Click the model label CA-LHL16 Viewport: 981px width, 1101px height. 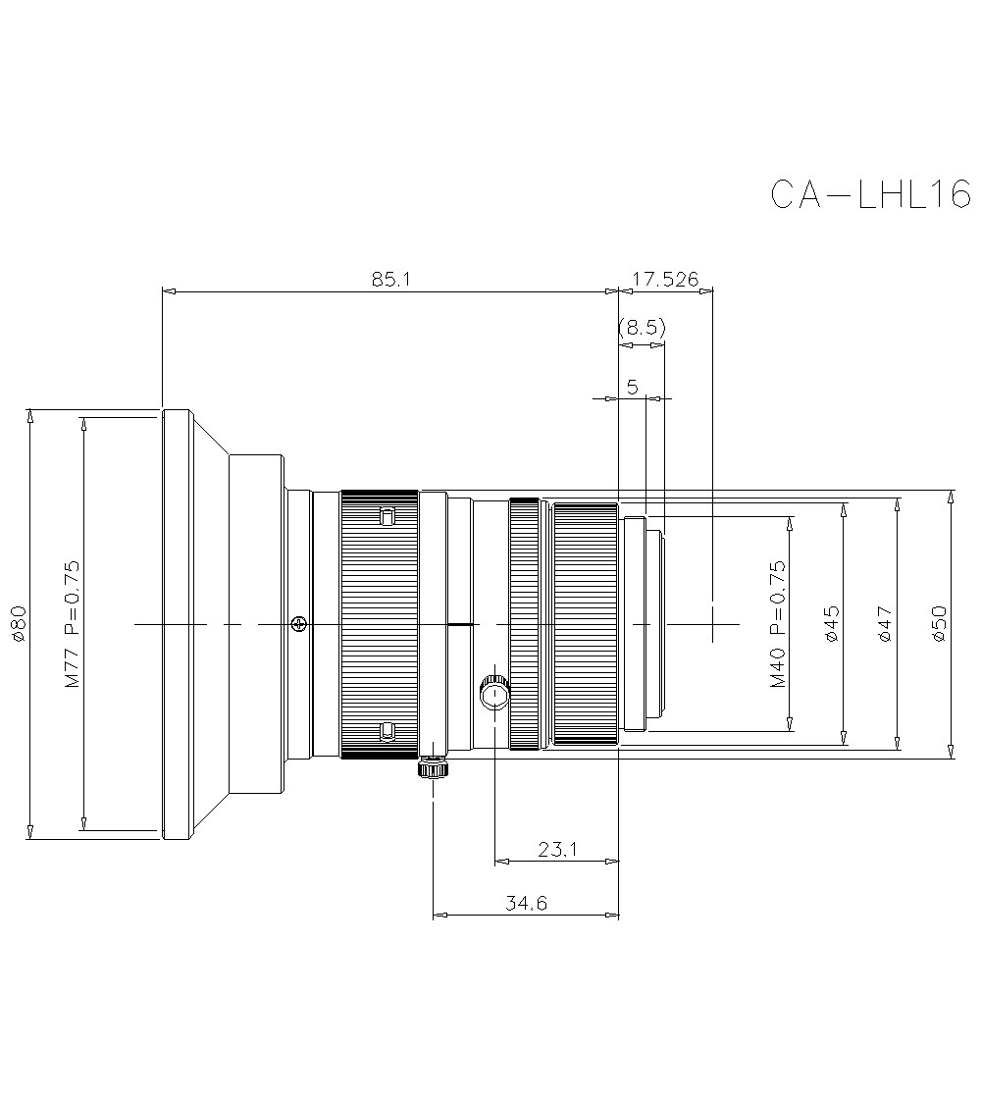[869, 194]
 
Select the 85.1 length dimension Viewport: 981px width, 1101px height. [390, 280]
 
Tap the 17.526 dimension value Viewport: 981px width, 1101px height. [665, 280]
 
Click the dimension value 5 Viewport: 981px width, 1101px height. [633, 388]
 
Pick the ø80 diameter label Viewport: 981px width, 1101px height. [17, 623]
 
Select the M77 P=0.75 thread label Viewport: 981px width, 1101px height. [73, 623]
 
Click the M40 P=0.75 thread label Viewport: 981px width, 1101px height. [777, 623]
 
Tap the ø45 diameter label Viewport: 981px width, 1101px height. [831, 623]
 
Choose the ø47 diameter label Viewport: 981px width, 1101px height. [885, 623]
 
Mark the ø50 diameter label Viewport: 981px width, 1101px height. [939, 623]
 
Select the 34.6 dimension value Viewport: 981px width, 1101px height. [527, 904]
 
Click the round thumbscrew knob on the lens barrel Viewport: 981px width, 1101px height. [494, 694]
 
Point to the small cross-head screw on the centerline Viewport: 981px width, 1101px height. [299, 623]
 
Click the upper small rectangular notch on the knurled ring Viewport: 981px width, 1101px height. [386, 517]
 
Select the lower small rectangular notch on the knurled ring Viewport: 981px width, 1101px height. [386, 730]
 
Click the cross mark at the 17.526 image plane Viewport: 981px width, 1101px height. [712, 623]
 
